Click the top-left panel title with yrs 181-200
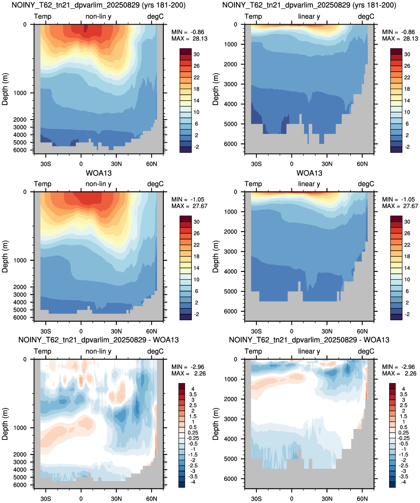pyautogui.click(x=98, y=5)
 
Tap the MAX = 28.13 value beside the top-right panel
pyautogui.click(x=400, y=39)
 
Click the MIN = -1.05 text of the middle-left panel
pyautogui.click(x=188, y=199)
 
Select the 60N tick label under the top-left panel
pyautogui.click(x=151, y=164)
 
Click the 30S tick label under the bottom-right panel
pyautogui.click(x=256, y=499)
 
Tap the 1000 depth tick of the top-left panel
pyautogui.click(x=20, y=93)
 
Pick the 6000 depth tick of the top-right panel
pyautogui.click(x=231, y=144)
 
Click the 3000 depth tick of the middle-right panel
pyautogui.click(x=231, y=251)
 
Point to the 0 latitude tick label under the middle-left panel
pyautogui.click(x=81, y=331)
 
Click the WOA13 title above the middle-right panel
pyautogui.click(x=309, y=173)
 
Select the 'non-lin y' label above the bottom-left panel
pyautogui.click(x=98, y=351)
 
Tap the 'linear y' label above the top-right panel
pyautogui.click(x=309, y=16)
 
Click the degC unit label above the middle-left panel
pyautogui.click(x=155, y=184)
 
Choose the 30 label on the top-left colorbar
pyautogui.click(x=197, y=55)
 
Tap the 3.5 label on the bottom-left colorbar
pyautogui.click(x=193, y=395)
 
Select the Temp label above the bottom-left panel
pyautogui.click(x=43, y=351)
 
